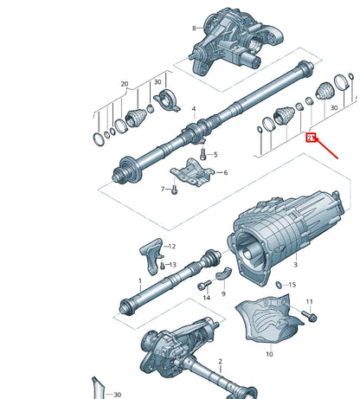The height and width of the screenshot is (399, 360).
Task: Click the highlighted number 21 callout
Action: click(311, 138)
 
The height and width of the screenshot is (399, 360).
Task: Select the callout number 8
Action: click(194, 28)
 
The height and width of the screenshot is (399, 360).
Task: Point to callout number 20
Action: click(125, 85)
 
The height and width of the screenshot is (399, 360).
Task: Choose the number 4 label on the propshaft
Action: click(194, 110)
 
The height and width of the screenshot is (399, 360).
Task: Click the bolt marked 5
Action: click(202, 153)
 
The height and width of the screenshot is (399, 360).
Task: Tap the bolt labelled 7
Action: click(173, 186)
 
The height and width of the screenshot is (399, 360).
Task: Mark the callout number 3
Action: click(295, 265)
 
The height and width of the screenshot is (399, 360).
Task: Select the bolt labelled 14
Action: click(202, 286)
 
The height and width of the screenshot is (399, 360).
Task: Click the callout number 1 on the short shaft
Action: click(139, 280)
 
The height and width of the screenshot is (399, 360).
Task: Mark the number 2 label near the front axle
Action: click(220, 360)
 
